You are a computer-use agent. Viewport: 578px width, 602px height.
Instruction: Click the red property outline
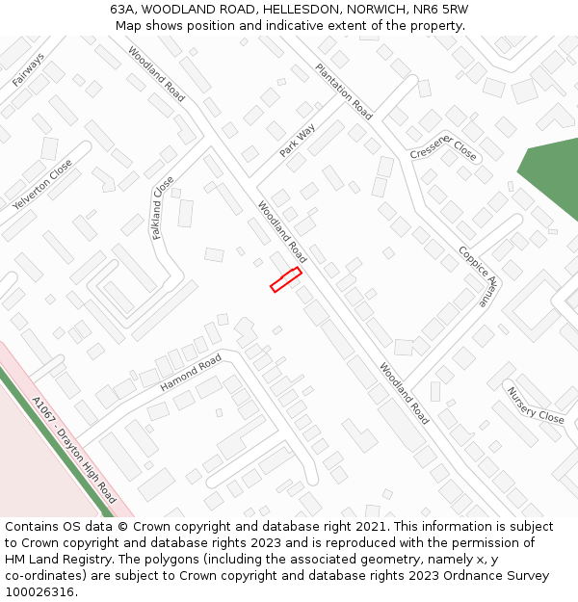(286, 279)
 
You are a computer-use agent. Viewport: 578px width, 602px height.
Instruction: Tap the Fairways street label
(28, 70)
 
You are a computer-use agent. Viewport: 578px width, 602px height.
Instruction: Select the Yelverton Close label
(42, 186)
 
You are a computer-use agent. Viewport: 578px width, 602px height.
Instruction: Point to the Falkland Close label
(163, 207)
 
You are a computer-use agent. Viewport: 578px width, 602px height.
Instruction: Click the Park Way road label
(298, 141)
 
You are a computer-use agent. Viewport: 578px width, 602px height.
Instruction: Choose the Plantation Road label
(344, 92)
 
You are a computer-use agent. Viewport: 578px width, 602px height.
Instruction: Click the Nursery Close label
(536, 405)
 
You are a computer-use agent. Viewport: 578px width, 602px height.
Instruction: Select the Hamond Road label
(190, 373)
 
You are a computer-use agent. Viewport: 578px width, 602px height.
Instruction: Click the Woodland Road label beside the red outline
(281, 231)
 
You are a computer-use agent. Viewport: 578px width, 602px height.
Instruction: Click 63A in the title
(122, 9)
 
